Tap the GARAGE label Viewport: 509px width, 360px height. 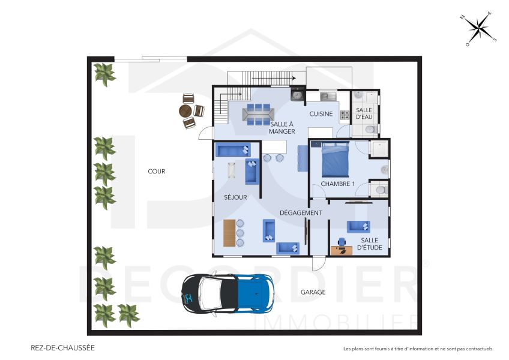[x=313, y=292]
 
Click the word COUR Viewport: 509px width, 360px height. [x=156, y=172]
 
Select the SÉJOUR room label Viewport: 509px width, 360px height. [x=235, y=197]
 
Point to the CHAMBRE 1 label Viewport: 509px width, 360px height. [x=337, y=184]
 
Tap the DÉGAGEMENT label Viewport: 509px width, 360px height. [x=301, y=212]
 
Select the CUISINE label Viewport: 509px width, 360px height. [x=321, y=114]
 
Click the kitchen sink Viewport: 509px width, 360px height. [x=328, y=95]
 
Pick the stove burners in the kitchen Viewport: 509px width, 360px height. [x=345, y=115]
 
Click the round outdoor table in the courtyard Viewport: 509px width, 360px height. [x=185, y=111]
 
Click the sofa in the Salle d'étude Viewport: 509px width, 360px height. [x=358, y=226]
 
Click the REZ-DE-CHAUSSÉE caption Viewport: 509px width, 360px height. [x=62, y=347]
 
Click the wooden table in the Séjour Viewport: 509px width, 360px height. [x=229, y=233]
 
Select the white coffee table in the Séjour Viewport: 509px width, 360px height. [x=232, y=171]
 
